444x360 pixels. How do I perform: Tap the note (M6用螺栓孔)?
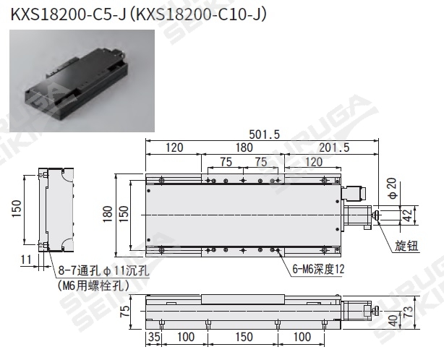point(93,286)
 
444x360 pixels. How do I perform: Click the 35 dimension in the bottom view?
point(153,337)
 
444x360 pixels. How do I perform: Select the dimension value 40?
point(393,319)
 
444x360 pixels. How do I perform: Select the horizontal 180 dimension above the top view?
point(244,147)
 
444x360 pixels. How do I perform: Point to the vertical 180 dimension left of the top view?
point(108,214)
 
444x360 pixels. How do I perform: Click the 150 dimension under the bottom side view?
point(243,337)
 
